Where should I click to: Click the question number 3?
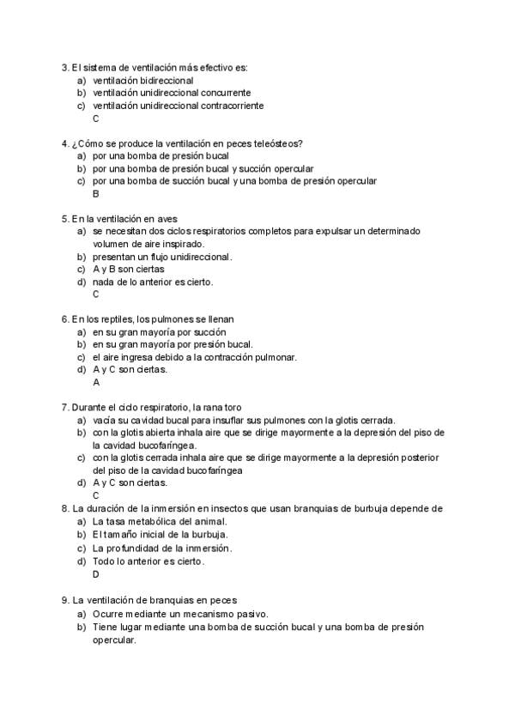point(65,67)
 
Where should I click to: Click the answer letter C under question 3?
point(96,118)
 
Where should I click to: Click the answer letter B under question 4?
point(96,194)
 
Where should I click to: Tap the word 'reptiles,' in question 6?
point(115,319)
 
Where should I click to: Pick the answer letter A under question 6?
point(96,382)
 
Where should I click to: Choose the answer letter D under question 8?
point(96,573)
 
